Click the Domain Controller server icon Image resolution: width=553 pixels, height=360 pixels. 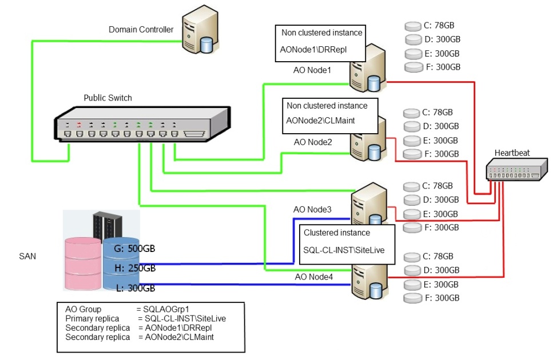[x=198, y=32]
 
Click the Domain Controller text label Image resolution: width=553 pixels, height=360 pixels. [x=141, y=30]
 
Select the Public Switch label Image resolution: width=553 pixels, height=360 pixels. [x=108, y=98]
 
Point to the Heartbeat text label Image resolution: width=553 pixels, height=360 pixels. [x=512, y=153]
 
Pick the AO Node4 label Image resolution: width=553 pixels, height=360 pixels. [x=313, y=277]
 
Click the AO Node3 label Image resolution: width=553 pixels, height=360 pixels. [x=312, y=210]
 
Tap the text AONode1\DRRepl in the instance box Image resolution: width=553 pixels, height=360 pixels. [x=313, y=50]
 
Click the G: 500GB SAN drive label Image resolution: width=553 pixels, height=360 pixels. [x=135, y=249]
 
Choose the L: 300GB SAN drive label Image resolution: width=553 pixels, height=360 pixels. [x=135, y=287]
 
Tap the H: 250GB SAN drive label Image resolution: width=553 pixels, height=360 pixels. [x=135, y=268]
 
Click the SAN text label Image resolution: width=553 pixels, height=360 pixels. [x=27, y=257]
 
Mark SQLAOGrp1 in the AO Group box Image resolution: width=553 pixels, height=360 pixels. [x=170, y=309]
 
